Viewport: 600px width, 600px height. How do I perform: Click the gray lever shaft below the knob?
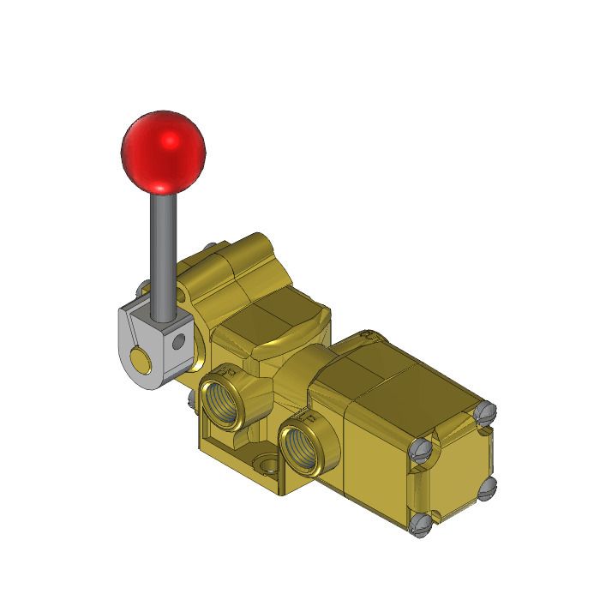click(x=161, y=249)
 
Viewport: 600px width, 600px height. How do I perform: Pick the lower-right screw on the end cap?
click(x=488, y=489)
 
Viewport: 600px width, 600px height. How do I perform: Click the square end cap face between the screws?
click(x=454, y=470)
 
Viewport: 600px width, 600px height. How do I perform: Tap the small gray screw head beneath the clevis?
click(x=187, y=400)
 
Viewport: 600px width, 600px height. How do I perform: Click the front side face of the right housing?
click(x=377, y=454)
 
